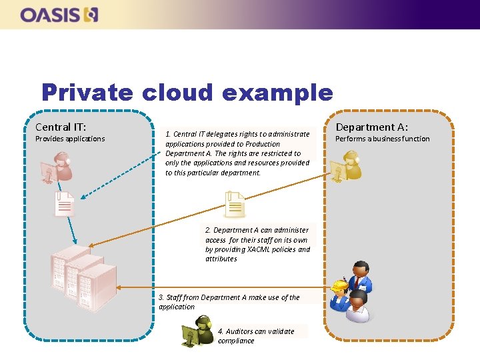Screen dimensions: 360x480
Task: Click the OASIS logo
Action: [59, 15]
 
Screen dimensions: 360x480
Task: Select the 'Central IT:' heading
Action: [61, 127]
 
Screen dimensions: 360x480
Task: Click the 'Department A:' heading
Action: [371, 127]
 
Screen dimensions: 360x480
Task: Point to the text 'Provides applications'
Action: [70, 139]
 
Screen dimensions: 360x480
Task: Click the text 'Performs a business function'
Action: [382, 139]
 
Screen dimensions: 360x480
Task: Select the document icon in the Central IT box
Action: [65, 203]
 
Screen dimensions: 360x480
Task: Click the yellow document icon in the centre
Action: [235, 204]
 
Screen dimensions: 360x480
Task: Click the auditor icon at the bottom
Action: [198, 332]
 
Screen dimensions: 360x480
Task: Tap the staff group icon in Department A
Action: [351, 291]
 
